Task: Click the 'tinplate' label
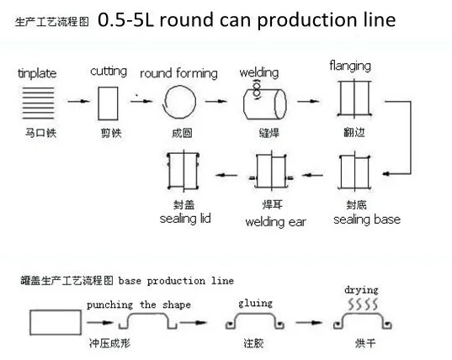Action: (x=37, y=74)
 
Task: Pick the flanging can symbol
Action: (x=354, y=101)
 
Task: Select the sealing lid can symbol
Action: (x=184, y=174)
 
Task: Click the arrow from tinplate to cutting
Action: (x=77, y=103)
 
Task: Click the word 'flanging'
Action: (x=350, y=65)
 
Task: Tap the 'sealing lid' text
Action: (x=184, y=220)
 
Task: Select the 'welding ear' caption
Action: (x=275, y=222)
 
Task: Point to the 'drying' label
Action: (x=361, y=290)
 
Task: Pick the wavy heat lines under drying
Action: (x=361, y=304)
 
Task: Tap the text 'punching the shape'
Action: (x=138, y=304)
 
